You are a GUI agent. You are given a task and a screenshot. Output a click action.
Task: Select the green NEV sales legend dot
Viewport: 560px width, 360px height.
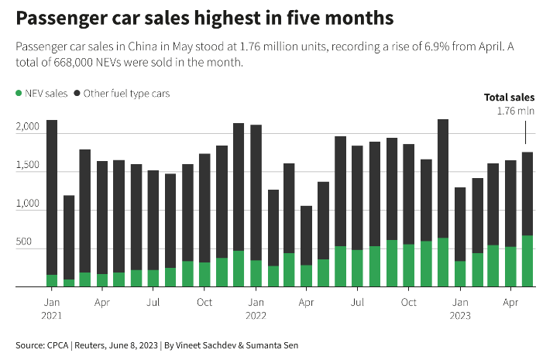tap(19, 94)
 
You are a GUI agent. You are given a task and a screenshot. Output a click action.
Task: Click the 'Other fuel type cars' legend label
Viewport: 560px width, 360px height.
tap(127, 94)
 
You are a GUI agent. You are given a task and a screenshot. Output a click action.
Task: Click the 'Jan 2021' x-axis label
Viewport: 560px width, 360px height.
tap(52, 307)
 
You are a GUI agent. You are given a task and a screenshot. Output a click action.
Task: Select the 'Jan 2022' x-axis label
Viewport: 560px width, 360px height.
tap(256, 307)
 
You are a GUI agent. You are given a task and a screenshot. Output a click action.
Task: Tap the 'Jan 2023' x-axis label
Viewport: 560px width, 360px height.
tap(460, 307)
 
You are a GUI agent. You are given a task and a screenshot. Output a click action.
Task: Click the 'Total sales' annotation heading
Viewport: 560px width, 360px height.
tap(509, 98)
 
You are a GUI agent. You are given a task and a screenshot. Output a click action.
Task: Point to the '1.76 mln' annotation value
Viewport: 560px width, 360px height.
tap(515, 111)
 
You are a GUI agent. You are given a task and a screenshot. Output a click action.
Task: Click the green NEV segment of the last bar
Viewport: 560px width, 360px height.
tap(527, 261)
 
